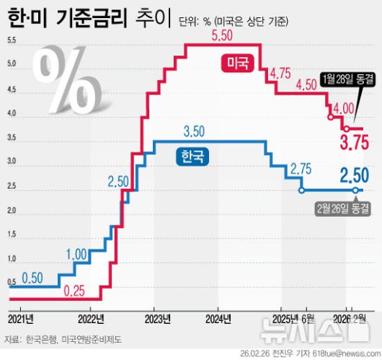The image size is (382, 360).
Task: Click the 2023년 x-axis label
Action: click(157, 318)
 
